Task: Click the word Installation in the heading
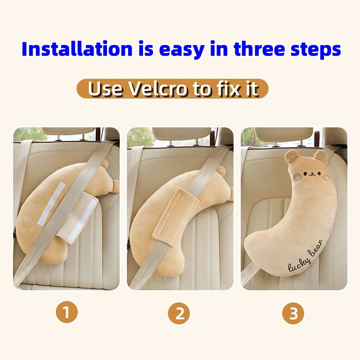coord(77,49)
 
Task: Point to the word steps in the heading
coord(316,50)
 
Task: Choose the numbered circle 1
coord(67,312)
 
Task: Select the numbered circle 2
coord(179,313)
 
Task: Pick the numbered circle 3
coord(293,313)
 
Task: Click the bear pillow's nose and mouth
coord(311,175)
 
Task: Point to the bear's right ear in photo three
coord(320,157)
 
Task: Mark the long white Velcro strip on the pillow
coord(52,203)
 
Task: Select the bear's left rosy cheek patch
coord(297,177)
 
